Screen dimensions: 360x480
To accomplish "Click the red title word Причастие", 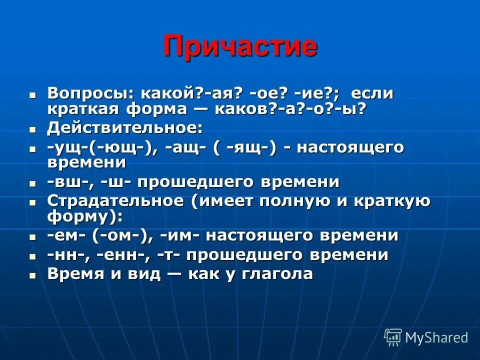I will (x=240, y=46).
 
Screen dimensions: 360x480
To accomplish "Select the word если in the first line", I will (x=371, y=93).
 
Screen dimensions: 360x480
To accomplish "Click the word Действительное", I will (x=125, y=128).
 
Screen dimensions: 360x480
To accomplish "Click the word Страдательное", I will (x=115, y=201).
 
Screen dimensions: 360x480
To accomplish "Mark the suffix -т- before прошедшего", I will (x=168, y=255).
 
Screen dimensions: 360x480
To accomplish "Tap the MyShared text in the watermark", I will (x=436, y=337).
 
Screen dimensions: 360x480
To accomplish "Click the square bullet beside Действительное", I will (x=33, y=129).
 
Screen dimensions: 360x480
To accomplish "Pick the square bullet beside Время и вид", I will (x=33, y=275).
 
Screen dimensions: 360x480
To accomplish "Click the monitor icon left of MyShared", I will (x=393, y=337).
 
